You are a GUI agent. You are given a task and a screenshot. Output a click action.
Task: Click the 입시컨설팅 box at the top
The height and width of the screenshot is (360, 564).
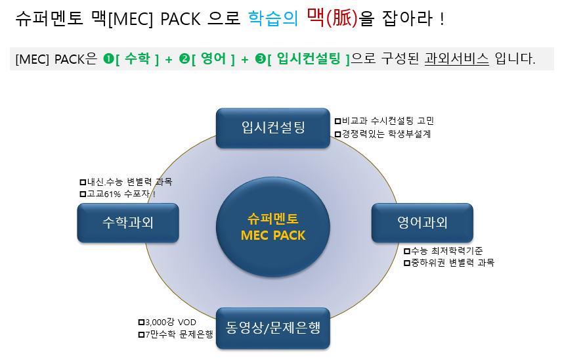[272, 127]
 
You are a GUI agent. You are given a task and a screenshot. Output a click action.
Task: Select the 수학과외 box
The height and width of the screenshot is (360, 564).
[128, 223]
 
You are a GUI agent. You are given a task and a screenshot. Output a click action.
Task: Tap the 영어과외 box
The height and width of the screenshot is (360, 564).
[422, 223]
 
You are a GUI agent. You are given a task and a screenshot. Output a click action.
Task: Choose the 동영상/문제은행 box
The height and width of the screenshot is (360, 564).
[272, 326]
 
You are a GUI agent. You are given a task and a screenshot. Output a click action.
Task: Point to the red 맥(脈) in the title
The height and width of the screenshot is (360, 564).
[332, 18]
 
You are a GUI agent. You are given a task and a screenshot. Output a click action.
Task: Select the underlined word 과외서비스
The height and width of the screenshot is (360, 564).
[457, 59]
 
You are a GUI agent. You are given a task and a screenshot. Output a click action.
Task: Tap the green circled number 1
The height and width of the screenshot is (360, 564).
[108, 59]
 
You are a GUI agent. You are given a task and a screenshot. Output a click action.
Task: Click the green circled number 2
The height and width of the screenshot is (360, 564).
[184, 59]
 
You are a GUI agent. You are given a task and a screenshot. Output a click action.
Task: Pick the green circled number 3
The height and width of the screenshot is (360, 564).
[261, 59]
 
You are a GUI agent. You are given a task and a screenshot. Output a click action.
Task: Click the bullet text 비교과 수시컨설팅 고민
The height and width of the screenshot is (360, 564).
[388, 121]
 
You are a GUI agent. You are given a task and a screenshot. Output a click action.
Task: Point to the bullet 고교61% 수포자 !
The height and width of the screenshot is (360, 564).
[121, 194]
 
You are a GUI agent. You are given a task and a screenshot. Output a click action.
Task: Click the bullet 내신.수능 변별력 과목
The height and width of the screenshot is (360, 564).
[129, 182]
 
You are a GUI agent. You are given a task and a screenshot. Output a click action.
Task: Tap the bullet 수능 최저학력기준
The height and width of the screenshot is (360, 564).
[446, 251]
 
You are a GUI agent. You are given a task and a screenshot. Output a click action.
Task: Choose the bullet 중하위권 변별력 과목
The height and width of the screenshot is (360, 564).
[452, 263]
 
